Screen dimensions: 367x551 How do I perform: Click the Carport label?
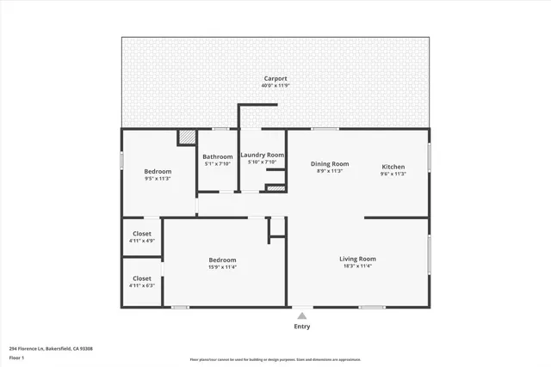pos(275,78)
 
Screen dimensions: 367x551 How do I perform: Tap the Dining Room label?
pos(330,163)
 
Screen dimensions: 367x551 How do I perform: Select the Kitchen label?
pos(393,166)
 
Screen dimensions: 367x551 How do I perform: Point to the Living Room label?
pos(356,259)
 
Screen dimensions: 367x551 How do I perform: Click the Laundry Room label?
pos(262,155)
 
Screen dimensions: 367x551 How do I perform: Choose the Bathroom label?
pos(217,156)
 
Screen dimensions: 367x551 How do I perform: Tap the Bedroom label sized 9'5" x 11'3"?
pos(158,171)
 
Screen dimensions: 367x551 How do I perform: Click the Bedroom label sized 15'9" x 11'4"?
pos(222,260)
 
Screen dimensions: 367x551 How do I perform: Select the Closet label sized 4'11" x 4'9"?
pos(142,234)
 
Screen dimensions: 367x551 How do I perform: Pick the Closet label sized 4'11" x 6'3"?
pos(142,278)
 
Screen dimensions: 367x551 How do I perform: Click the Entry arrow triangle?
pos(301,315)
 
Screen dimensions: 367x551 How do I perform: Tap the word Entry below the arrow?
pos(302,327)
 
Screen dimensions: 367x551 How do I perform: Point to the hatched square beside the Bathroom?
pos(187,137)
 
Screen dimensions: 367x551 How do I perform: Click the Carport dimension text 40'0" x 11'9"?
pos(275,85)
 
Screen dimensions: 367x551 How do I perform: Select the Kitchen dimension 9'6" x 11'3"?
pos(393,174)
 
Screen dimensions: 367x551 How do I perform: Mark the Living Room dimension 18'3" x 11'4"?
pos(356,266)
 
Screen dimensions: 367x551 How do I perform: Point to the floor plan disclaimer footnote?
pos(275,360)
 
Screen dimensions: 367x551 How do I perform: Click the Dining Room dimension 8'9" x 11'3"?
pos(330,171)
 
